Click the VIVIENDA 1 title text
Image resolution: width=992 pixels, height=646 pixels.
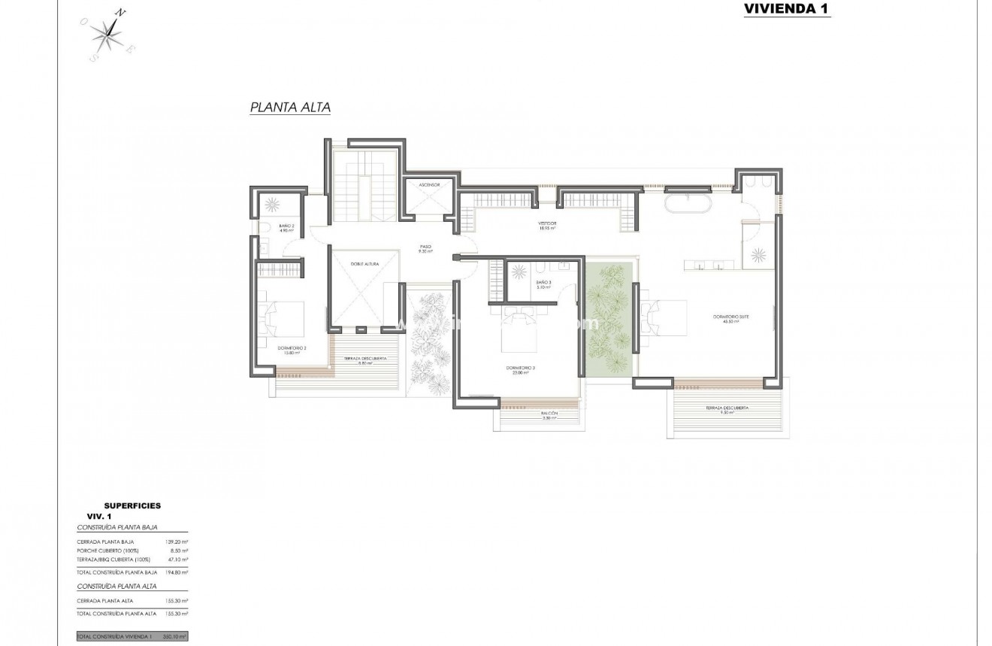pos(787,9)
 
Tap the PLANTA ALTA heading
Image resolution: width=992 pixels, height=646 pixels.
pos(290,108)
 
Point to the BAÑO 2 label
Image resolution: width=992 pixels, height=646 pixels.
pos(286,228)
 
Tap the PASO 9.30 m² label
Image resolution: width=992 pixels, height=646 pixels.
pos(426,248)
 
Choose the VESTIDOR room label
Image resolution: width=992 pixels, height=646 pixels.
pos(546,225)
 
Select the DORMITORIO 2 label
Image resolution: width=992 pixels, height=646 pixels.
pos(291,350)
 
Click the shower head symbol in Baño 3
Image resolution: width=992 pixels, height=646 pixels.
pos(519,272)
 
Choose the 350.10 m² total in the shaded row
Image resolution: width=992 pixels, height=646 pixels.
pos(175,636)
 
